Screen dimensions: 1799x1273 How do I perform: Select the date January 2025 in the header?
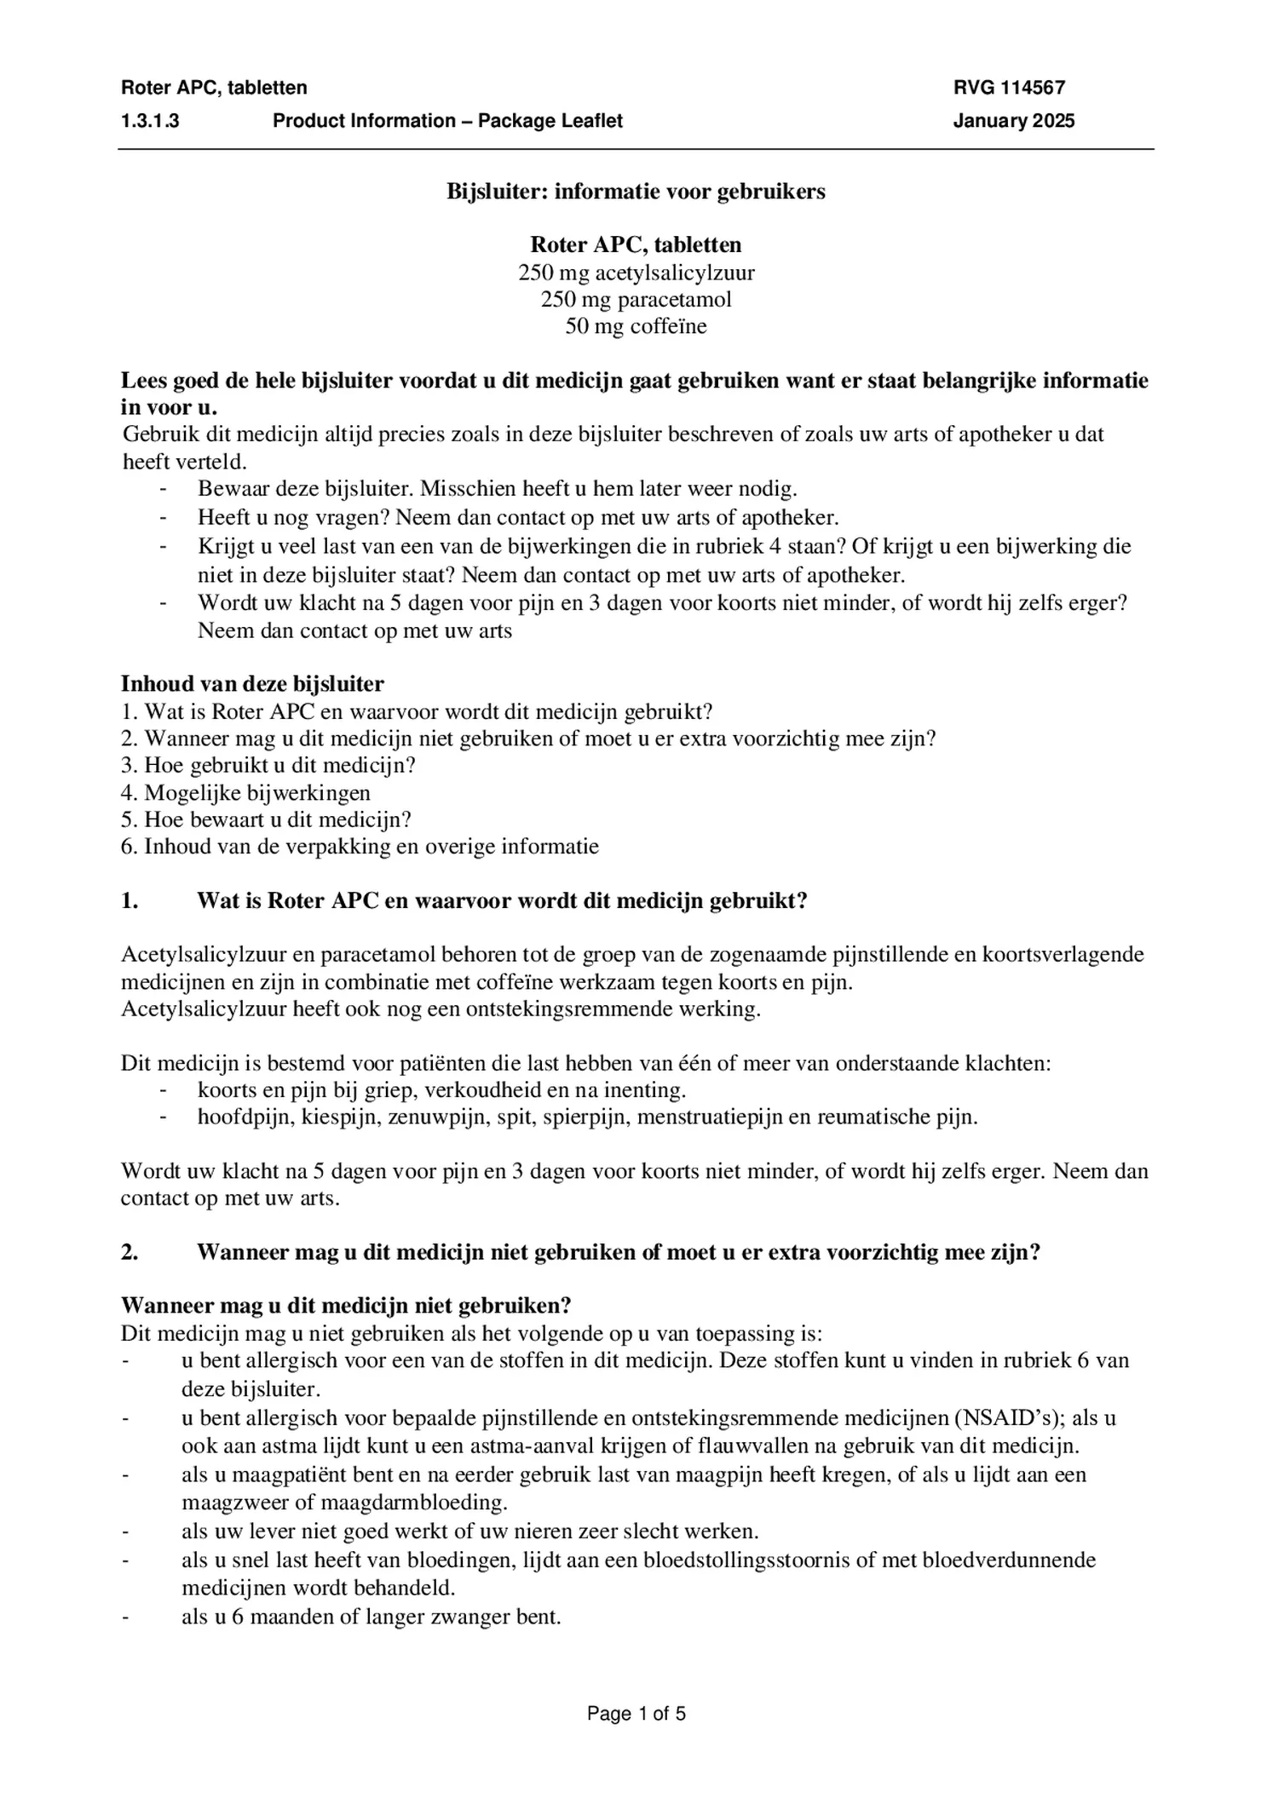pyautogui.click(x=1013, y=121)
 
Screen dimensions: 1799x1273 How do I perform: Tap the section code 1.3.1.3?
pyautogui.click(x=150, y=121)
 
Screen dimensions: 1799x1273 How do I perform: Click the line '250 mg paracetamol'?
pyautogui.click(x=636, y=300)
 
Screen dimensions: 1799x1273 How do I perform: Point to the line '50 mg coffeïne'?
pyautogui.click(x=636, y=326)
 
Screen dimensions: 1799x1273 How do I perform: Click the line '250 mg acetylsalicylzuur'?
pyautogui.click(x=636, y=273)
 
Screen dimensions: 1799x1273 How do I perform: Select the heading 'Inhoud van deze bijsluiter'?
pyautogui.click(x=252, y=684)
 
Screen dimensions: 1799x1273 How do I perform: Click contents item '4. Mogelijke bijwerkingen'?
pyautogui.click(x=245, y=793)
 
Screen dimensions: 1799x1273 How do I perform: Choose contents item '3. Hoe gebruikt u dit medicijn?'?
pyautogui.click(x=268, y=766)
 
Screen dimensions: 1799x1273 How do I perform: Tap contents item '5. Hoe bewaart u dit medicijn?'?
pyautogui.click(x=266, y=820)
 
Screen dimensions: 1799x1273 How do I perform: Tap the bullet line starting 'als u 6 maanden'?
pyautogui.click(x=371, y=1617)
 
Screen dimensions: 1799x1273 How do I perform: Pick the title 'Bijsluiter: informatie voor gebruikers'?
pyautogui.click(x=636, y=192)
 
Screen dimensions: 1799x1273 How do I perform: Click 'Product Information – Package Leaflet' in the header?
pyautogui.click(x=447, y=121)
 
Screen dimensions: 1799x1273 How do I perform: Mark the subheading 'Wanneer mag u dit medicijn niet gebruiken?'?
pyautogui.click(x=346, y=1306)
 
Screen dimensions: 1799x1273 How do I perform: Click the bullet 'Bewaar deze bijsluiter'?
pyautogui.click(x=497, y=489)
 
